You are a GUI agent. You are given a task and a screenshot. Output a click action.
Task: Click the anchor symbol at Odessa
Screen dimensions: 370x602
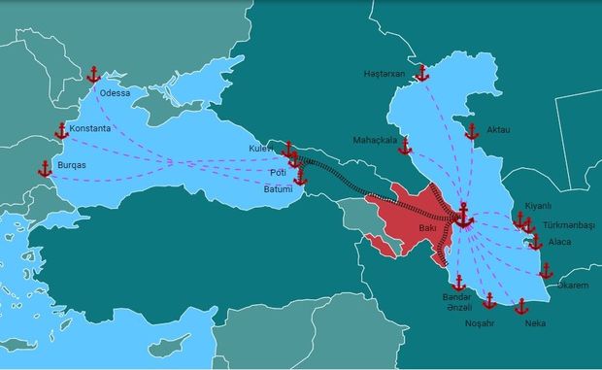tap(94, 75)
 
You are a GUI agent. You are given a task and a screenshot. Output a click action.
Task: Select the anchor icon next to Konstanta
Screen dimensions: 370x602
tap(61, 131)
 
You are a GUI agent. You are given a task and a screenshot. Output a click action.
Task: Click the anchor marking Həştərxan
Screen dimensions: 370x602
tap(421, 74)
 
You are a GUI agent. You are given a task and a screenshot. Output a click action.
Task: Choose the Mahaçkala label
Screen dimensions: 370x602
tap(375, 140)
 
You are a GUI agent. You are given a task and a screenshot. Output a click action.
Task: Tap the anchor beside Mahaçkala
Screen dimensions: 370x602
tap(406, 147)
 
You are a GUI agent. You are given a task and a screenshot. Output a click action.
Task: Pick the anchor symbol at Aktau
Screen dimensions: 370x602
tap(472, 132)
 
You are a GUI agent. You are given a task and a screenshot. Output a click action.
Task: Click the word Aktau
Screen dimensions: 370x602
tap(499, 129)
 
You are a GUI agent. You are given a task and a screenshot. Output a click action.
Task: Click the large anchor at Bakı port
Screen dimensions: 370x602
tap(463, 216)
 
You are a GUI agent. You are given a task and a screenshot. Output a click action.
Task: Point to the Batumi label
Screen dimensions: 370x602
tap(278, 188)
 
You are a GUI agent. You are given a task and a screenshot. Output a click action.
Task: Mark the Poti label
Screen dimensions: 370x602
tap(277, 172)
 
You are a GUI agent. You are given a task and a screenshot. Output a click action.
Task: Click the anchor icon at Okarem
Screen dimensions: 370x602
tap(546, 270)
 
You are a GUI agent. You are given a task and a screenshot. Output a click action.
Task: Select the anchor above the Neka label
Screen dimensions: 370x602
tap(520, 307)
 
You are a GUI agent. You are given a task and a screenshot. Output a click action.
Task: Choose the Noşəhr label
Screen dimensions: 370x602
tap(480, 322)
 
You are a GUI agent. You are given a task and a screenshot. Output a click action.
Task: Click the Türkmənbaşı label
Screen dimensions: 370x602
tap(569, 224)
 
